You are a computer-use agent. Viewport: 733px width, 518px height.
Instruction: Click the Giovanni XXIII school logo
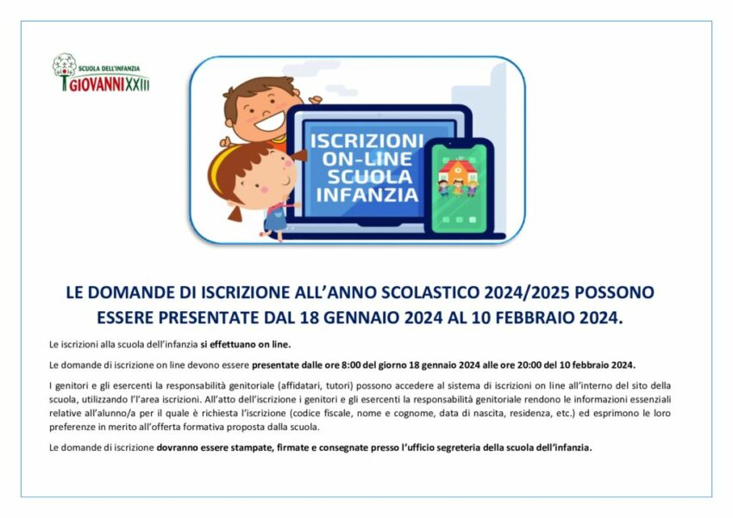(x=101, y=72)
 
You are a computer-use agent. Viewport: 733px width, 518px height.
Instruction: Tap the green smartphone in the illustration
(x=459, y=185)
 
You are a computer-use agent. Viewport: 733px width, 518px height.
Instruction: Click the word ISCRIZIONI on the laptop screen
(x=367, y=140)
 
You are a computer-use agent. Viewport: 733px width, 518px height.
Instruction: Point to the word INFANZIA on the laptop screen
(x=367, y=194)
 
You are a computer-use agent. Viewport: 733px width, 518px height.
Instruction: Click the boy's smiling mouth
(x=269, y=122)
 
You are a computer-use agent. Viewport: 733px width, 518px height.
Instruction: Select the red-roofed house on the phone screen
(x=458, y=172)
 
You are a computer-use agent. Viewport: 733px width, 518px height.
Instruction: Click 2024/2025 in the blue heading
(x=527, y=292)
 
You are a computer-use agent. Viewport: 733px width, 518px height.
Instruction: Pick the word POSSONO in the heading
(x=614, y=292)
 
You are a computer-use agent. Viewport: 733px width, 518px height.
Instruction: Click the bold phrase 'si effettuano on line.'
(x=246, y=345)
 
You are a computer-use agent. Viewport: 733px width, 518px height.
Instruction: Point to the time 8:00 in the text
(x=351, y=365)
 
